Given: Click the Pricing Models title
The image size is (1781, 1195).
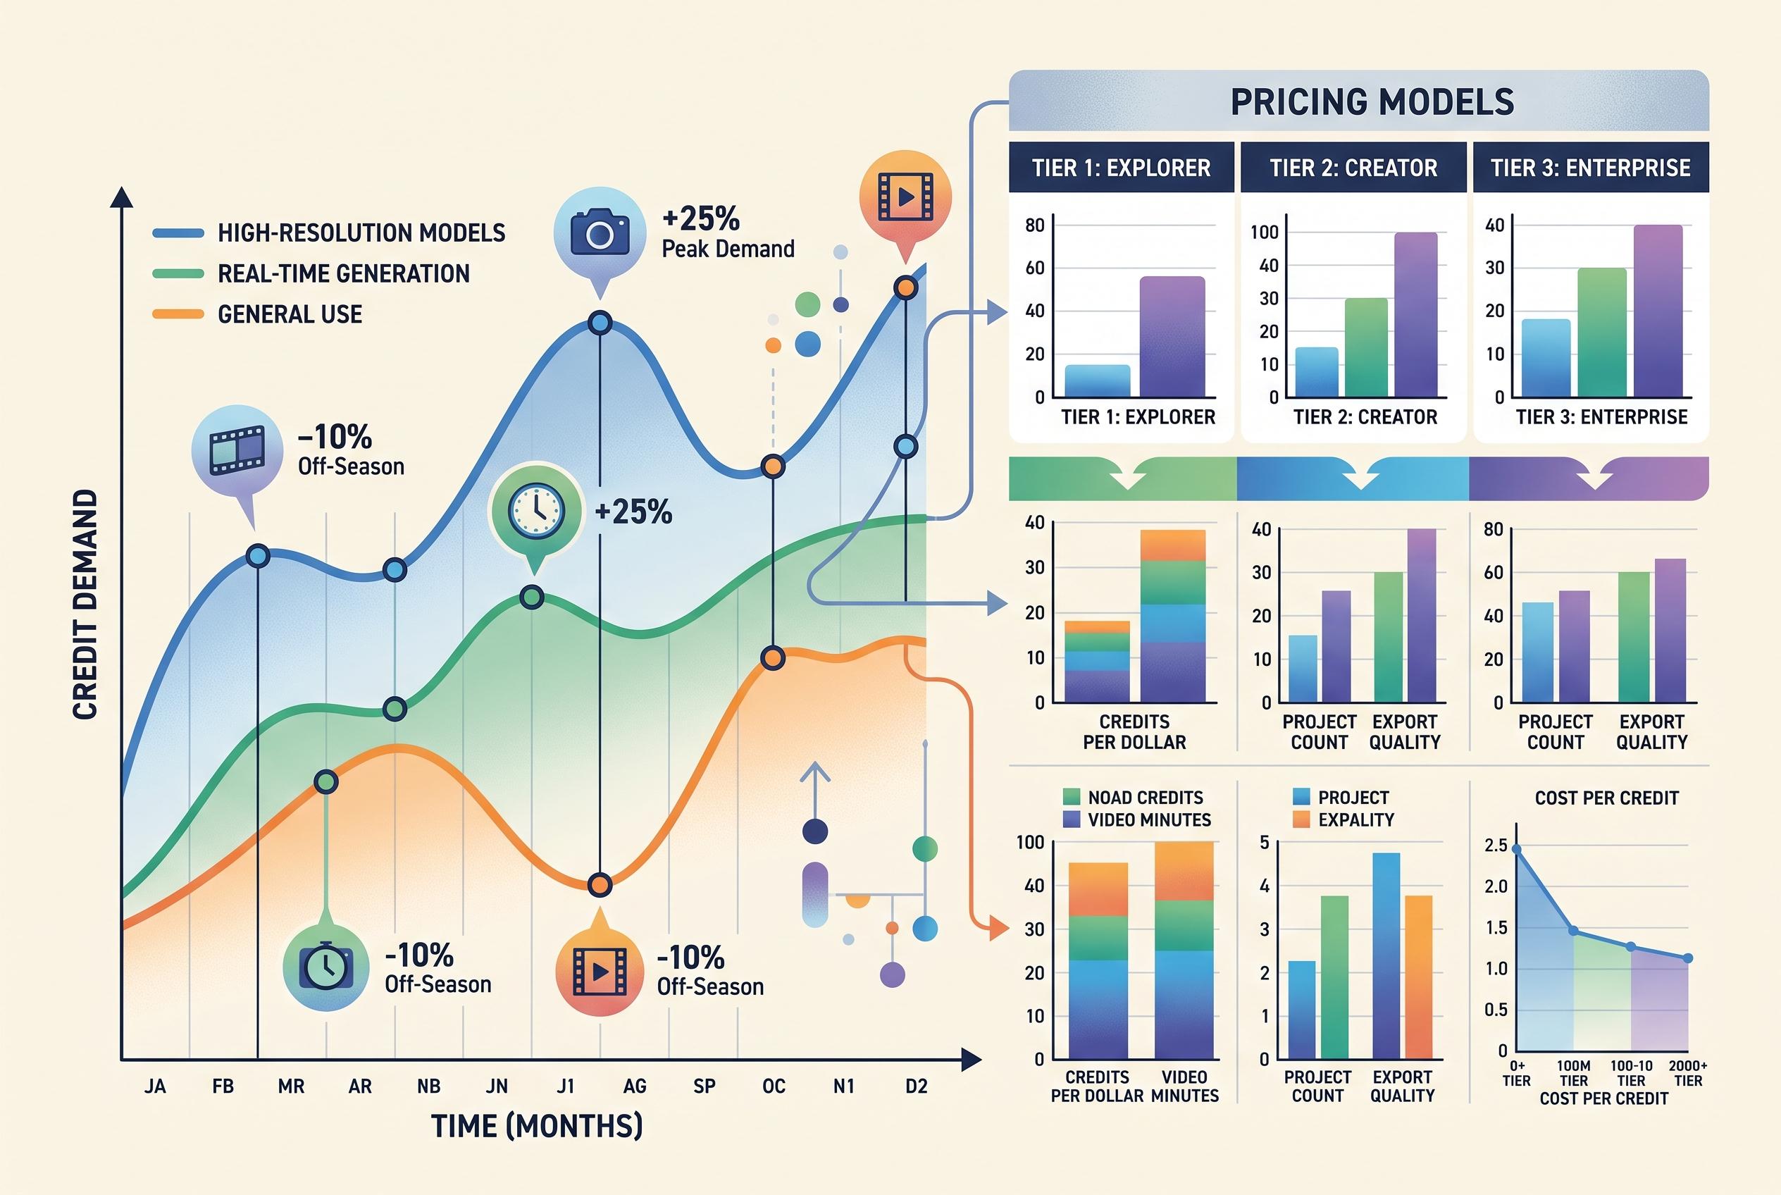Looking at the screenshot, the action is (x=1372, y=102).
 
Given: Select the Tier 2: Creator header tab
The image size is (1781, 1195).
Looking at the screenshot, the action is (x=1353, y=167).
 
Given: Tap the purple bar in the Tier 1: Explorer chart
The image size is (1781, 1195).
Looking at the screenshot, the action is (x=1172, y=336).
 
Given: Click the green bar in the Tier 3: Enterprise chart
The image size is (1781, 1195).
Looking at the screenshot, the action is (x=1602, y=333).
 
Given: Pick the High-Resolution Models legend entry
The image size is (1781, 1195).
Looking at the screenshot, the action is (x=329, y=233).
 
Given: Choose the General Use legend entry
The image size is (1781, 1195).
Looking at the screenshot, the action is (x=258, y=314).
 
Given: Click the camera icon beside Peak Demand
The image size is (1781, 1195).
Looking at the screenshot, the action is (x=600, y=233).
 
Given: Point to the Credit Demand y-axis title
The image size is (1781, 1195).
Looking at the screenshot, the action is (x=85, y=604).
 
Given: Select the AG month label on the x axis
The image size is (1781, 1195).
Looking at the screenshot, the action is (x=635, y=1086).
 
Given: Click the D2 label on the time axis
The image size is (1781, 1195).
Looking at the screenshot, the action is (x=916, y=1086).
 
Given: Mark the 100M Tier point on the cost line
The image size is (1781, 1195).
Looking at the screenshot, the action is (x=1573, y=931).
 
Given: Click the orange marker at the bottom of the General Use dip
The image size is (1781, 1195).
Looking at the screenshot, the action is (x=600, y=885).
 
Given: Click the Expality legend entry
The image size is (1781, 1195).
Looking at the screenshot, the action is (x=1343, y=820).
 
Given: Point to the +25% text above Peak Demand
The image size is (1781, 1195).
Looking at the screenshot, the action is (x=701, y=218).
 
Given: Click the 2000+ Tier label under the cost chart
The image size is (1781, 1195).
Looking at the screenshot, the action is (x=1688, y=1073).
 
